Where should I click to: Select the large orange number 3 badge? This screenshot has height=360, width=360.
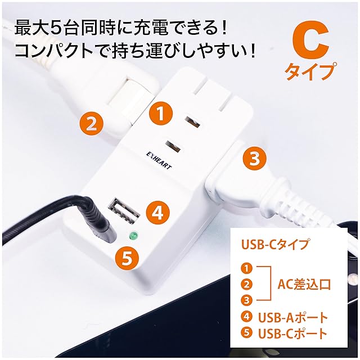click(255, 158)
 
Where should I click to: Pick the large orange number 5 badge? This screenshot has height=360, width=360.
click(127, 259)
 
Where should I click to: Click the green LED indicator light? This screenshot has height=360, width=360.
click(133, 236)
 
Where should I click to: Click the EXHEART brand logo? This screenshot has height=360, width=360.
click(159, 160)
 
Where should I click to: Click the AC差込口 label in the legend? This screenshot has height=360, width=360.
click(304, 285)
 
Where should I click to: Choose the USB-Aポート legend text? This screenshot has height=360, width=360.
click(293, 317)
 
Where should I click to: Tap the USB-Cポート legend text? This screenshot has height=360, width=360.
click(292, 333)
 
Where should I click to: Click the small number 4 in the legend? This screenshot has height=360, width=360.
click(246, 317)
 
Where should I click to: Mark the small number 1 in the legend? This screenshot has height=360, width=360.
click(246, 269)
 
